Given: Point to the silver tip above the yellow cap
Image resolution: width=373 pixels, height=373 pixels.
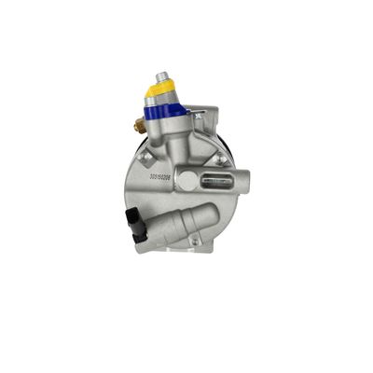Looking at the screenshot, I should pos(161,75).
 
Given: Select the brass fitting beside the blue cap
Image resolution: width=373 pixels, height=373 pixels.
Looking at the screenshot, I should pos(139,120).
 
